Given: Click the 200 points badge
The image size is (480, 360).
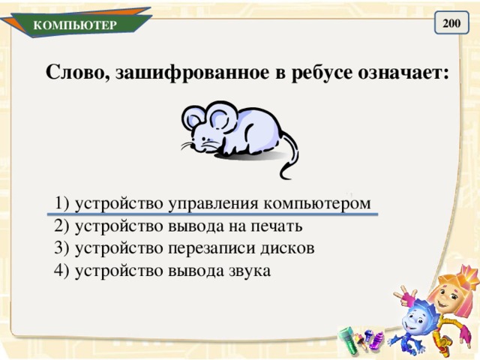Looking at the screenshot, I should pyautogui.click(x=451, y=24).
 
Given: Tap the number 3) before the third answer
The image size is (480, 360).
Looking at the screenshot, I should pyautogui.click(x=62, y=248).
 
